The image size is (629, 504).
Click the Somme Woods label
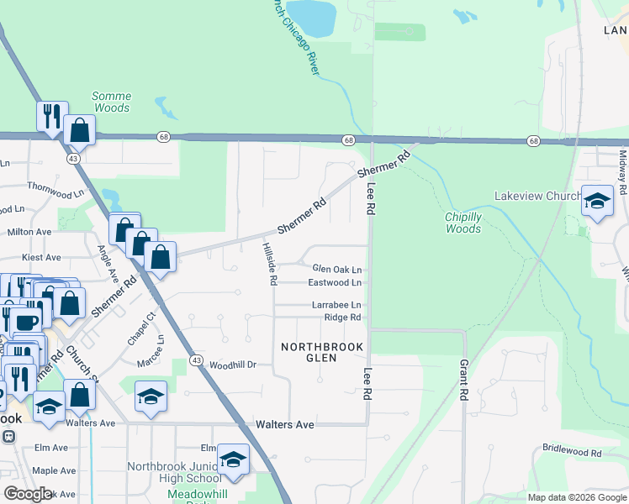[111, 102]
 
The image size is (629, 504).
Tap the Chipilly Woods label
[463, 223]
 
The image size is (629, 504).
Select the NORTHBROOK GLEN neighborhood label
[322, 352]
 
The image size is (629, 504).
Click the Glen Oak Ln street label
[336, 270]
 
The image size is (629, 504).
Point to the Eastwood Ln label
[335, 283]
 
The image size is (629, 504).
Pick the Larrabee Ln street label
[336, 305]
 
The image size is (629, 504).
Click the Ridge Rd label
[342, 318]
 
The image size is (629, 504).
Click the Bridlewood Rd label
[572, 451]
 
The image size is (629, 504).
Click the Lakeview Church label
[536, 197]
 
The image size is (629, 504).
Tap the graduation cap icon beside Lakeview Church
[597, 202]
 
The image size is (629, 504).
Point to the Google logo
[28, 494]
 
